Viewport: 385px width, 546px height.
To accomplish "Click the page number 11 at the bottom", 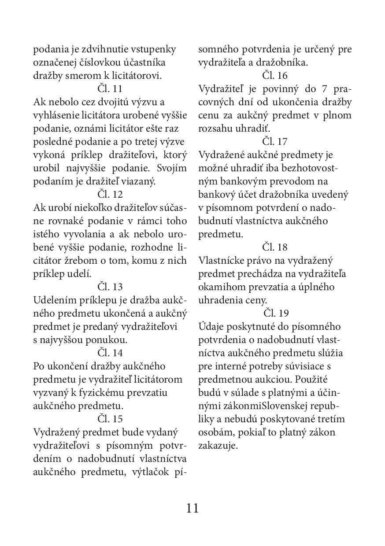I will (192, 508).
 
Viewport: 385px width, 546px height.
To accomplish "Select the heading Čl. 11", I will (110, 89).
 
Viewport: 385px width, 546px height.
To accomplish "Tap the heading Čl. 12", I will (110, 194).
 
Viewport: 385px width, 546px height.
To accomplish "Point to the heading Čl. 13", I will (110, 287).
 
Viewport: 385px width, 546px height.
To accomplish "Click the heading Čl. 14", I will (110, 353).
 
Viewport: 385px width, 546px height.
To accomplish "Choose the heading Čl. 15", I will (110, 419).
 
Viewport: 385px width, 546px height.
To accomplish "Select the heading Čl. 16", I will (275, 75).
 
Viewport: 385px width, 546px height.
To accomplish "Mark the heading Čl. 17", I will (275, 141).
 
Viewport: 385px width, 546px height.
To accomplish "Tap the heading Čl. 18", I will (275, 247).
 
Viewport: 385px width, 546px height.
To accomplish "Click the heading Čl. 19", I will (276, 313).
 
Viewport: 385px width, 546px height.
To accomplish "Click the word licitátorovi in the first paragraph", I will (139, 75).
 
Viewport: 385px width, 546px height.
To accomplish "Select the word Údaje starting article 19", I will (212, 326).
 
